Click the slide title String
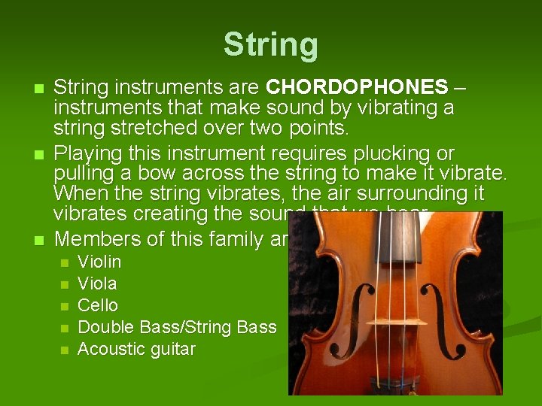tap(270, 44)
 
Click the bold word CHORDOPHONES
tap(358, 89)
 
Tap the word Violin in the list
tap(99, 262)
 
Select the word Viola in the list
tap(98, 284)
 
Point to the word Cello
tap(98, 306)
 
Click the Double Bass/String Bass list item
tap(177, 328)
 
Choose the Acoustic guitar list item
tap(136, 350)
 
